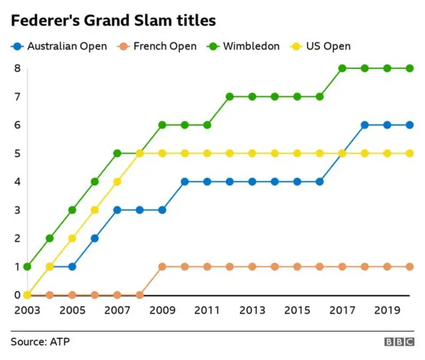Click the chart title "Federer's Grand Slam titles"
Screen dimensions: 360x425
tap(113, 21)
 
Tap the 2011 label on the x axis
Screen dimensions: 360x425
tap(207, 310)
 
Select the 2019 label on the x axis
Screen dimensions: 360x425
tap(387, 310)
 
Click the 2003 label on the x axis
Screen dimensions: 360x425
tap(27, 310)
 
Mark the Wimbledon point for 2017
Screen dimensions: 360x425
tap(343, 68)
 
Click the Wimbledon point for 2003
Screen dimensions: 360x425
tap(27, 266)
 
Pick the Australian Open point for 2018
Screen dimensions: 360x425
tap(365, 125)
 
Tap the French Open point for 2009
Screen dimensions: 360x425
tap(162, 266)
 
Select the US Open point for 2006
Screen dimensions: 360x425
tap(95, 210)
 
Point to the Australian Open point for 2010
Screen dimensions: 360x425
tap(185, 181)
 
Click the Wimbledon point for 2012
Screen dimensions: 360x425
tap(230, 96)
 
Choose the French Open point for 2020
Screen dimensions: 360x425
tap(410, 266)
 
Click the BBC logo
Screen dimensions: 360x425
tap(398, 341)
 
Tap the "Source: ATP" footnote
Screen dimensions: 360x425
tap(40, 341)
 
